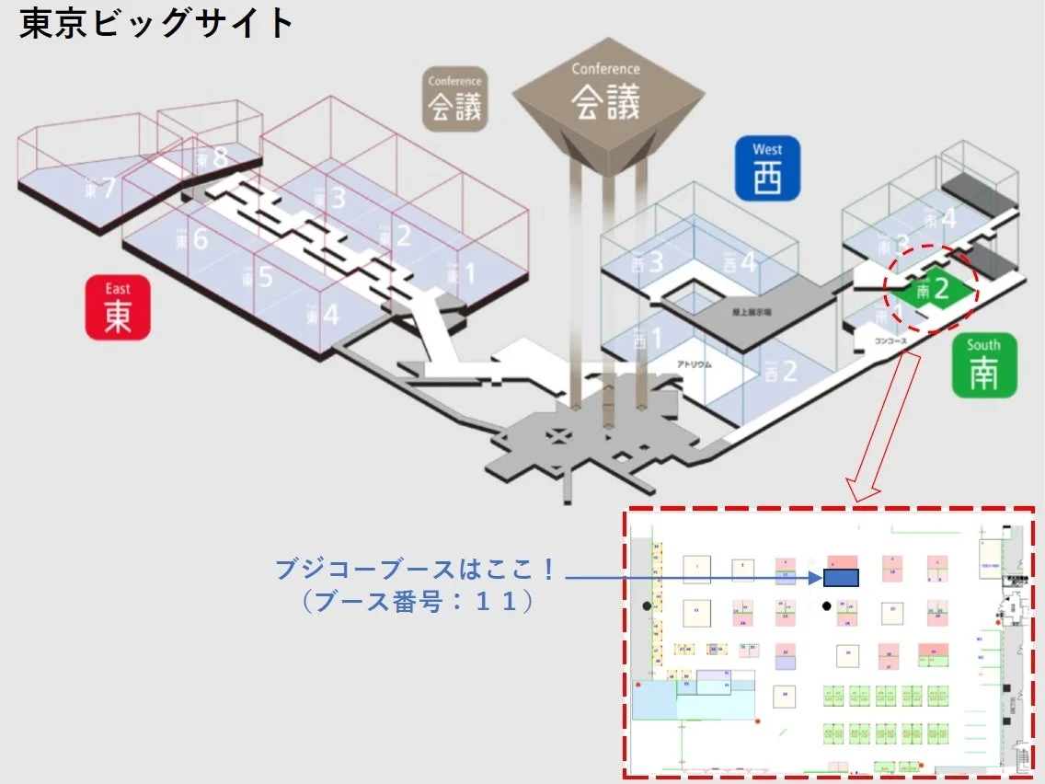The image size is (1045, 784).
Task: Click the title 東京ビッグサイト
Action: click(x=156, y=25)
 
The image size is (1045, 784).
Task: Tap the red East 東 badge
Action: click(x=118, y=307)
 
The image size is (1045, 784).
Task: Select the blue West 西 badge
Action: click(x=767, y=168)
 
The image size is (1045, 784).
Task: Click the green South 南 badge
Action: click(x=983, y=365)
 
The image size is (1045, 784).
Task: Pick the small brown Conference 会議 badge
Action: click(x=454, y=98)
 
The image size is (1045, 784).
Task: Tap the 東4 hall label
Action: click(x=323, y=316)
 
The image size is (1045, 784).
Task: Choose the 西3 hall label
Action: click(x=648, y=263)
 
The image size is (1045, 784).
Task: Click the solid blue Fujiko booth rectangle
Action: click(x=841, y=577)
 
